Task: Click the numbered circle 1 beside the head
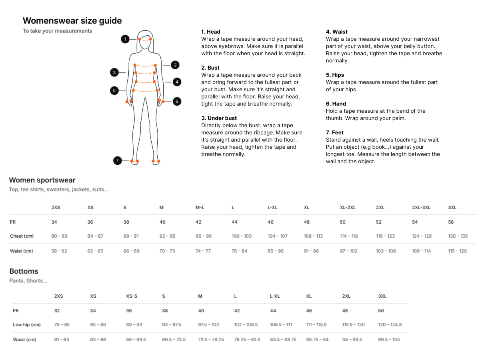(125, 39)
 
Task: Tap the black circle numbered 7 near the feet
(117, 161)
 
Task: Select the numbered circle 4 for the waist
(177, 82)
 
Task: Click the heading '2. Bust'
(210, 68)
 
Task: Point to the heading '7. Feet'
(334, 132)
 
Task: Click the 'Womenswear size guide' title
(72, 20)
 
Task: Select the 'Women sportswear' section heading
(42, 180)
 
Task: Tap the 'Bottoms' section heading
(24, 271)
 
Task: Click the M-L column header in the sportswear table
(200, 208)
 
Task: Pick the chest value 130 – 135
(458, 236)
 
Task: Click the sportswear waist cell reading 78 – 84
(239, 251)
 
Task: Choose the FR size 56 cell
(451, 222)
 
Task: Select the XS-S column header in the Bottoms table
(132, 296)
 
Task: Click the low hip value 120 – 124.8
(390, 324)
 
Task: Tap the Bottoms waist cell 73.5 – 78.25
(211, 340)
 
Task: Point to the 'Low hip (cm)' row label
(27, 324)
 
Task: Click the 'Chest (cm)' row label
(22, 236)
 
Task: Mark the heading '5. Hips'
(335, 75)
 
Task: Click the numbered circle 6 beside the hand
(177, 102)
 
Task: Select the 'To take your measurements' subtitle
(57, 31)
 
